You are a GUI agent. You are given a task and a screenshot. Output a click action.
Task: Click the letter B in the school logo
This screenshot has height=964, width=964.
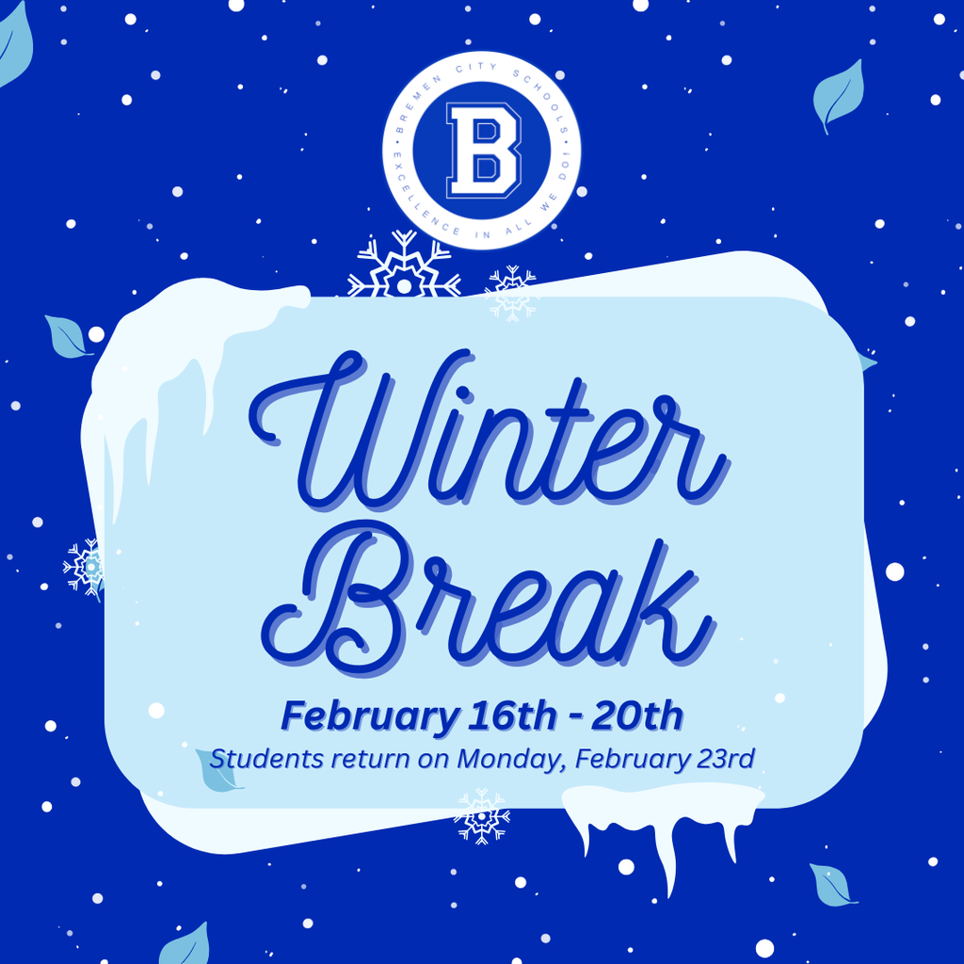pyautogui.click(x=482, y=150)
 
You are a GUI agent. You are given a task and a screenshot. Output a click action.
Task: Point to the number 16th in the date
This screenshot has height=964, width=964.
pyautogui.click(x=504, y=716)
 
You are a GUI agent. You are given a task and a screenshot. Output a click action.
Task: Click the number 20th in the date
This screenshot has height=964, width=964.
pyautogui.click(x=639, y=716)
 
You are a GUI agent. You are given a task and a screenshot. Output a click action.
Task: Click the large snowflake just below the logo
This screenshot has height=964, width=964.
pyautogui.click(x=404, y=268)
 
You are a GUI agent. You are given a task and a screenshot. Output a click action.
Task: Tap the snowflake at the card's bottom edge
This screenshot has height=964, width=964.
pyautogui.click(x=481, y=815)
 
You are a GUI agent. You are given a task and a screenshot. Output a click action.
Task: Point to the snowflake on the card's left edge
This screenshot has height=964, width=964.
pyautogui.click(x=87, y=568)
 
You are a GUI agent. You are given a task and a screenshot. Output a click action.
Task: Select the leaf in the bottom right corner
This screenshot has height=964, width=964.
pyautogui.click(x=831, y=885)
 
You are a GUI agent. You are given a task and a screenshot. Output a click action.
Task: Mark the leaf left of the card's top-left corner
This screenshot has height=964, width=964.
pyautogui.click(x=68, y=337)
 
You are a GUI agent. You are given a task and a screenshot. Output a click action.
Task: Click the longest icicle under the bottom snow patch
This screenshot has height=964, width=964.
pyautogui.click(x=669, y=861)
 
